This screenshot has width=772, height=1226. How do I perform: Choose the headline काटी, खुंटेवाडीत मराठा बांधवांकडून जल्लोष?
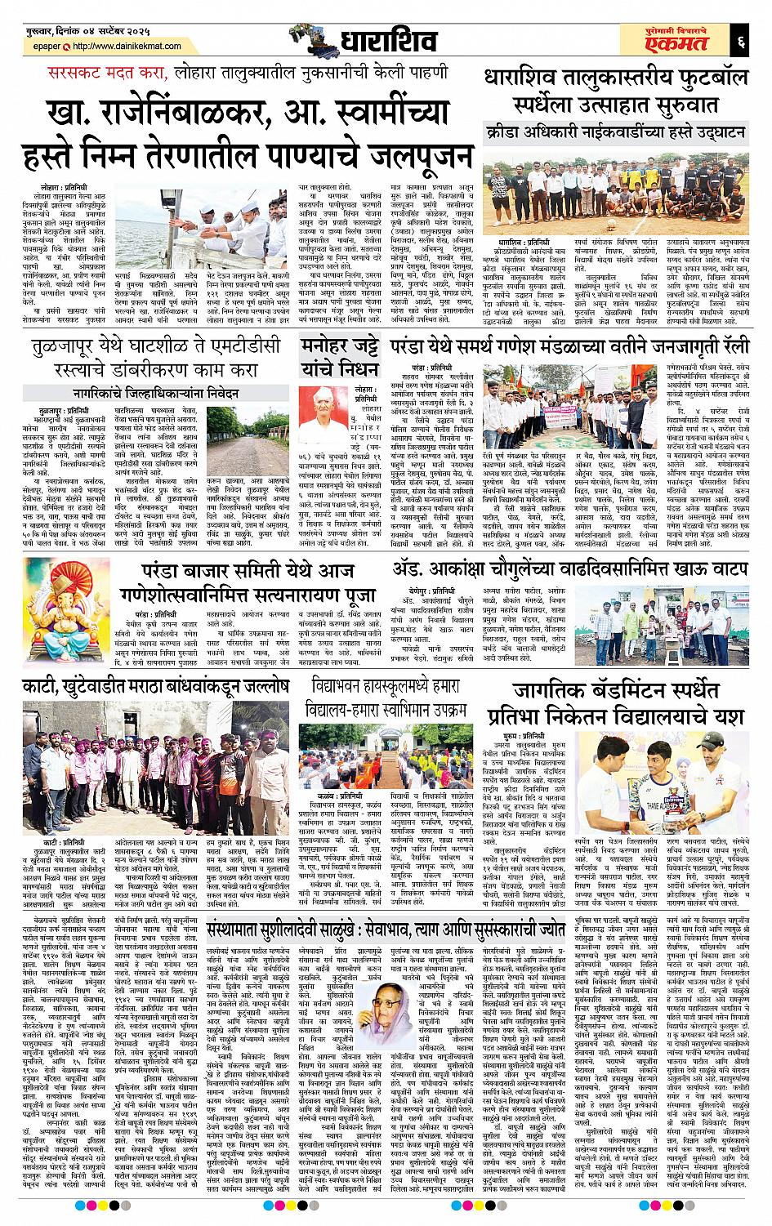[x=146, y=687]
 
